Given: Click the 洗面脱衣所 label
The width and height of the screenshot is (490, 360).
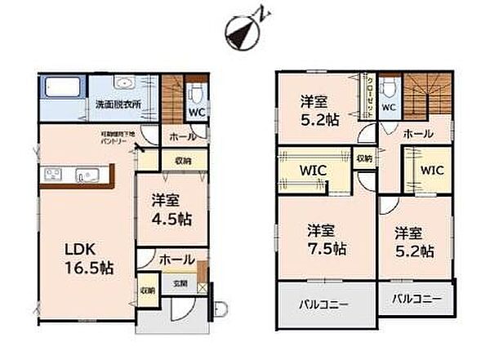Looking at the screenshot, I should pyautogui.click(x=118, y=104).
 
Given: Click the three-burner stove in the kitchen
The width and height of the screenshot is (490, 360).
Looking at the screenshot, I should pyautogui.click(x=51, y=174).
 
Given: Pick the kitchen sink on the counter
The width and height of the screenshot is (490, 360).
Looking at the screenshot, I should pyautogui.click(x=87, y=174).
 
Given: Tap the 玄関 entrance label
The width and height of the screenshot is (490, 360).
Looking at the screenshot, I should pyautogui.click(x=179, y=284).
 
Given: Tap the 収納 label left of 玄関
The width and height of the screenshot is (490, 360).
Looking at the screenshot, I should pyautogui.click(x=147, y=290).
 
